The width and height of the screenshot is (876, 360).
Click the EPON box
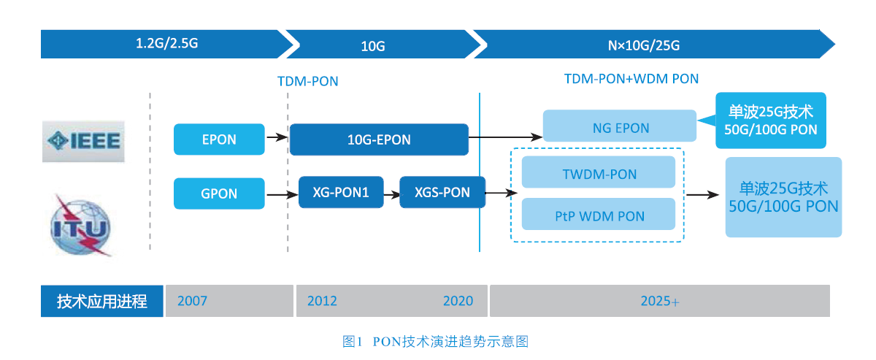pos(219,139)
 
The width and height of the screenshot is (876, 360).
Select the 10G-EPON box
pos(379,139)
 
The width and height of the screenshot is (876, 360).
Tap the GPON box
pos(219,194)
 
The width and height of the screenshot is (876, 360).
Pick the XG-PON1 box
pos(341,192)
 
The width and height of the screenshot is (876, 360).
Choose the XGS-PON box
pos(442,192)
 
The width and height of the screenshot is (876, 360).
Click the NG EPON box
pos(620,126)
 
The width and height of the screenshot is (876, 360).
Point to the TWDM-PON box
pos(599,172)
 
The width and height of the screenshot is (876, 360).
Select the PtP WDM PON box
pos(599,214)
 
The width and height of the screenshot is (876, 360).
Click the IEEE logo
pos(83,141)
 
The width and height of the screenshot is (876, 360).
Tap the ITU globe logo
pos(81,226)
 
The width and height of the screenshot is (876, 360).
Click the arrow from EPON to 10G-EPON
pos(277,137)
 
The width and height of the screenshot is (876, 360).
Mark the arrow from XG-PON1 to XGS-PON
pos(392,194)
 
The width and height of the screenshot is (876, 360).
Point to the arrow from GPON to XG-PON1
pos(283,194)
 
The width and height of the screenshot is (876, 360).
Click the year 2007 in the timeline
pos(192,301)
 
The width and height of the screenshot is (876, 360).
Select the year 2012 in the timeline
pos(322,301)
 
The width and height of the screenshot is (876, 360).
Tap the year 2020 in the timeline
pos(458,301)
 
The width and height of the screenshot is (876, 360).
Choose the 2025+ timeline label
pos(660,301)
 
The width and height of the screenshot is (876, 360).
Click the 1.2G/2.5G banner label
pos(166,43)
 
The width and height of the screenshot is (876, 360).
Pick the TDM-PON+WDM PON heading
pos(631,79)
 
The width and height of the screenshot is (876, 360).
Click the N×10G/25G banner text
pos(644,45)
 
